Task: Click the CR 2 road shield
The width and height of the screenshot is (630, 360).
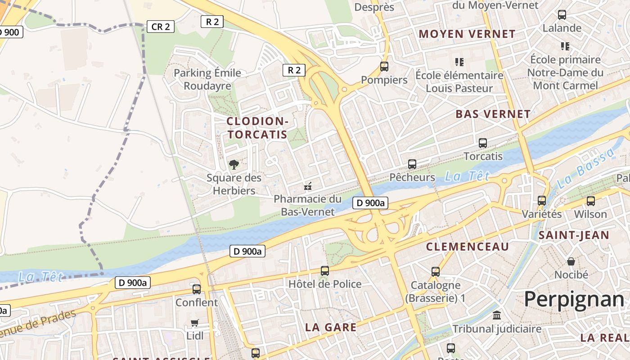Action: click(160, 27)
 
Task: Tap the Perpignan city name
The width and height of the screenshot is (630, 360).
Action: click(574, 299)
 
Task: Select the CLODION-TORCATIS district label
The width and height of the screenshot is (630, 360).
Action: click(257, 128)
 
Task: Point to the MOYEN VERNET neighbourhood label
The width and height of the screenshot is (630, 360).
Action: click(467, 34)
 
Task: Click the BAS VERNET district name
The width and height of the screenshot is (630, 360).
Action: click(493, 114)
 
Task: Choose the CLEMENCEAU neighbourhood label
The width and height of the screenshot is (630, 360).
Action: click(468, 247)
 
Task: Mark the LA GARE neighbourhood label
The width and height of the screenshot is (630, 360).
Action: click(331, 328)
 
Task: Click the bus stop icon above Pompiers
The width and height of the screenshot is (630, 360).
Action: click(384, 67)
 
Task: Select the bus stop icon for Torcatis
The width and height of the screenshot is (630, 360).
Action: click(483, 143)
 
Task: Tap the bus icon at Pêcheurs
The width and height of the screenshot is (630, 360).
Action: click(412, 164)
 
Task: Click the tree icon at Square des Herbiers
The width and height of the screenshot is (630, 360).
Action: click(234, 165)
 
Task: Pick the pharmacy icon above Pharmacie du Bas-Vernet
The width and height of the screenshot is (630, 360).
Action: click(308, 186)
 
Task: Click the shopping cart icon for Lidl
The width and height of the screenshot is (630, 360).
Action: click(195, 322)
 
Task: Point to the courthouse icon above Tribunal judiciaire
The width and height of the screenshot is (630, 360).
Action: click(497, 315)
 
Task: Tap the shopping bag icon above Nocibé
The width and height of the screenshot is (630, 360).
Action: click(571, 261)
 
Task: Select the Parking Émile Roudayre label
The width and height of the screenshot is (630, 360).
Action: click(207, 79)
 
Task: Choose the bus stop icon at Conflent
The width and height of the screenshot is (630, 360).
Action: click(197, 289)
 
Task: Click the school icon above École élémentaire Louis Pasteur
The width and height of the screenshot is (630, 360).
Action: click(459, 62)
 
